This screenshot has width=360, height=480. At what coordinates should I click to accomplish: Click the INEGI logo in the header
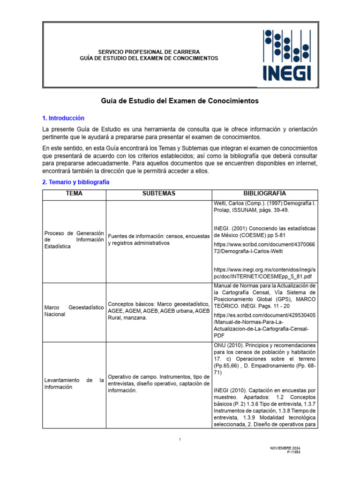pos(289,55)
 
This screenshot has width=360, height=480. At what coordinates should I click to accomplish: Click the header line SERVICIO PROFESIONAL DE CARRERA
pos(149,52)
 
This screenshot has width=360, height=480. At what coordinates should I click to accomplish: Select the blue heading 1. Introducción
pos(63,118)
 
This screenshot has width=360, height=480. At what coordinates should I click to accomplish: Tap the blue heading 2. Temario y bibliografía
pos(75,182)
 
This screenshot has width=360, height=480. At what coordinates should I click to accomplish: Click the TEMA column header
pos(74,194)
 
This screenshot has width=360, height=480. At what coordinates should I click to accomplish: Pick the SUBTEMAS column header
pos(159,194)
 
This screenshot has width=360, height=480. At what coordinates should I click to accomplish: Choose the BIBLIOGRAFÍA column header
pos(264,194)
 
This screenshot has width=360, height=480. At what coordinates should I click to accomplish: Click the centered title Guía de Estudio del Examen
pos(180,101)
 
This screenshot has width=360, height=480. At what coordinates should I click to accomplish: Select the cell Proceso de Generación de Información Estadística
pos(74,240)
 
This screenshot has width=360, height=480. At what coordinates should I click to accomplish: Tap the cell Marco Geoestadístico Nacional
pos(74,311)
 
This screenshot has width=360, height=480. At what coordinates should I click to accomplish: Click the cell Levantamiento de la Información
pos(74,384)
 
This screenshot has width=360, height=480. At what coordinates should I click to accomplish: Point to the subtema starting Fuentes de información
pos(159,240)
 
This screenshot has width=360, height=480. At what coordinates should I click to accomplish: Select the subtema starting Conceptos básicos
pos(159,311)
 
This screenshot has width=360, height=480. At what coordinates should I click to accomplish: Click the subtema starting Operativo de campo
pos(159,384)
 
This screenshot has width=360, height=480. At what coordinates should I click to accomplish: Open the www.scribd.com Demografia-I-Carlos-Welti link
pos(264,247)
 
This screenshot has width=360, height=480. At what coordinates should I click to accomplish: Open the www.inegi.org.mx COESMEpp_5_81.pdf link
pos(264,274)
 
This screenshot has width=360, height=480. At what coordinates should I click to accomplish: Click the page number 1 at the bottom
pos(180,439)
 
